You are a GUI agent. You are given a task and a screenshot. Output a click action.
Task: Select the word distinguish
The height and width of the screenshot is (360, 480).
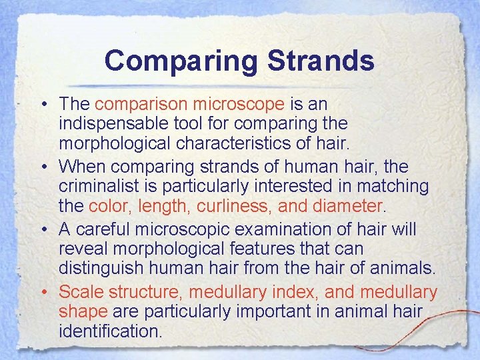(107, 268)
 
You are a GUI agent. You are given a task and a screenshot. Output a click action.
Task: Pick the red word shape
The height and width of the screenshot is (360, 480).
(83, 311)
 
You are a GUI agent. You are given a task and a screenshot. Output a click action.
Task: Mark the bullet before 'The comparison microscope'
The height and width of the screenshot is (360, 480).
(42, 105)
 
